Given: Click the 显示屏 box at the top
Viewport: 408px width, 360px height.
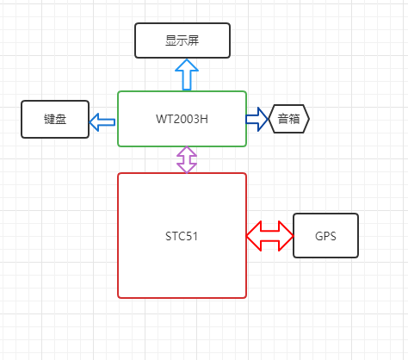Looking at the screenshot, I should pyautogui.click(x=182, y=40).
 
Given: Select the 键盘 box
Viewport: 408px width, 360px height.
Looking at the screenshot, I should pyautogui.click(x=55, y=119).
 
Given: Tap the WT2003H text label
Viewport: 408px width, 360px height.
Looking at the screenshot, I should pyautogui.click(x=182, y=119).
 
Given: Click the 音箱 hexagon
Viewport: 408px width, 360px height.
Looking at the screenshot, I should pyautogui.click(x=289, y=119).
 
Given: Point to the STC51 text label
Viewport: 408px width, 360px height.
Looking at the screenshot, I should pyautogui.click(x=182, y=235).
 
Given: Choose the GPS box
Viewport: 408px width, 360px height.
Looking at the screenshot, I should pyautogui.click(x=326, y=235).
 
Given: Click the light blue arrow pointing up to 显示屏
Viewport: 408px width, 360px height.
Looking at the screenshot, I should pyautogui.click(x=186, y=74).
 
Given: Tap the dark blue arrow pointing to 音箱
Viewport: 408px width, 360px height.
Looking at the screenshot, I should pyautogui.click(x=257, y=119).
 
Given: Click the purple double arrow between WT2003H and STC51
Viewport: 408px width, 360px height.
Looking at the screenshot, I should pyautogui.click(x=186, y=159).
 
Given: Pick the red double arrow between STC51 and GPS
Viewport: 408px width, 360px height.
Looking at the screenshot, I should pyautogui.click(x=269, y=235).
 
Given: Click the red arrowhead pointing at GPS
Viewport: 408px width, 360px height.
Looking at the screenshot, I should pyautogui.click(x=284, y=235).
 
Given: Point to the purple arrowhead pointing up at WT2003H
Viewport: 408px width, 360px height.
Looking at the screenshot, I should pyautogui.click(x=186, y=152).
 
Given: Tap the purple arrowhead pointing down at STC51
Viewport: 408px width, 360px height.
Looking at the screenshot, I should pyautogui.click(x=186, y=167).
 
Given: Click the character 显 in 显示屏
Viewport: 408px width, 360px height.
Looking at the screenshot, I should pyautogui.click(x=170, y=40).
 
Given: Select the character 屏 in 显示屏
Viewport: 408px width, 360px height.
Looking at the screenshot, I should pyautogui.click(x=195, y=40).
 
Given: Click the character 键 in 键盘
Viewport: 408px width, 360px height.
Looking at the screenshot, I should pyautogui.click(x=49, y=119).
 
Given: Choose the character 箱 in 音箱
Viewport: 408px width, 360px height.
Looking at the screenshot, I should pyautogui.click(x=295, y=119).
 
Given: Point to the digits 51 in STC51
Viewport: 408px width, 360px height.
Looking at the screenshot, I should pyautogui.click(x=193, y=235).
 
